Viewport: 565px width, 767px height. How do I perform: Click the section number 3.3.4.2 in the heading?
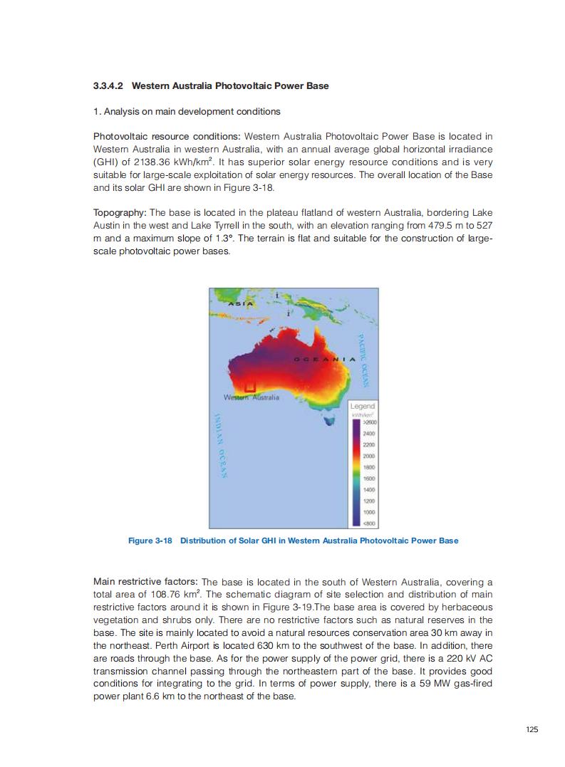pyautogui.click(x=109, y=86)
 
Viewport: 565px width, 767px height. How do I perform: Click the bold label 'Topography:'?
pyautogui.click(x=119, y=213)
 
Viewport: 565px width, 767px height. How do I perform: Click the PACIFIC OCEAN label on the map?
pyautogui.click(x=362, y=359)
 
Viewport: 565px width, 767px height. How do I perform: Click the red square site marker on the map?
pyautogui.click(x=249, y=386)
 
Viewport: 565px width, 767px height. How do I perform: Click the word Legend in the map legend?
pyautogui.click(x=363, y=406)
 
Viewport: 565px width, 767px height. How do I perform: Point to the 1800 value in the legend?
pyautogui.click(x=368, y=467)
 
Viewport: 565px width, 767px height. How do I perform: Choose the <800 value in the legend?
pyautogui.click(x=368, y=523)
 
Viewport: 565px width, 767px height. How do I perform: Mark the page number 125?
pyautogui.click(x=532, y=729)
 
